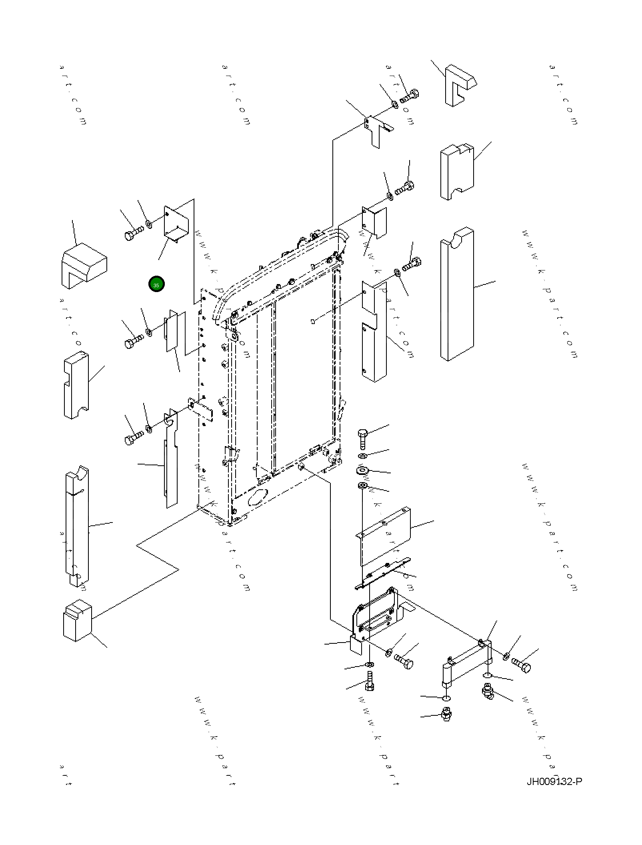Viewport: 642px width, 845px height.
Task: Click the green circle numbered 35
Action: click(156, 284)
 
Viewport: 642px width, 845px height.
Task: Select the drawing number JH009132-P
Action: click(554, 781)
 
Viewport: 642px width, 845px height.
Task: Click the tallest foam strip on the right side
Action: click(457, 294)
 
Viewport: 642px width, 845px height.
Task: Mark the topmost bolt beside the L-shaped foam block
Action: click(410, 96)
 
